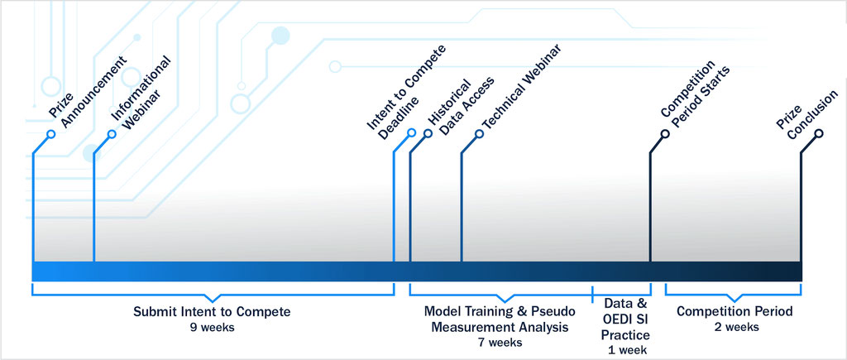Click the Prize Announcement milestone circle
[x=51, y=133]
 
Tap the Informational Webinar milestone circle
[x=112, y=133]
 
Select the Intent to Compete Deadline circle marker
[x=412, y=132]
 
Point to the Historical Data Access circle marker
[x=428, y=133]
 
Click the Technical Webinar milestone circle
[x=479, y=133]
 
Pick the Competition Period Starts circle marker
[x=665, y=133]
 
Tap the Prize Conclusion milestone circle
[x=818, y=133]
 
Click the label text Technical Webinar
[x=522, y=86]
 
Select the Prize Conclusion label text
[x=807, y=114]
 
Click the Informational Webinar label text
[x=141, y=92]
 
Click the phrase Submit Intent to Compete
[x=212, y=312]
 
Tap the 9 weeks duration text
[x=212, y=328]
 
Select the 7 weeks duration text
[x=500, y=342]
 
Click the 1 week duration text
[x=626, y=349]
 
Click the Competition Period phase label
[x=735, y=311]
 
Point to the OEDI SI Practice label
[x=625, y=327]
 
